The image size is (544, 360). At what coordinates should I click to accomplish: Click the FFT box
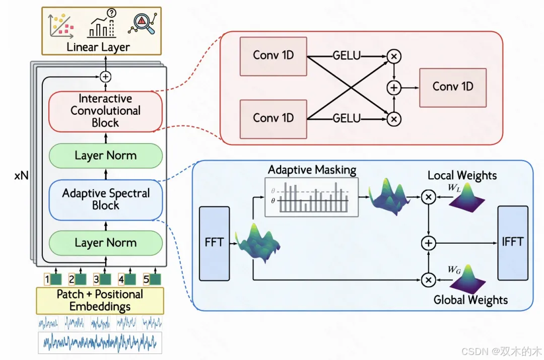(215, 244)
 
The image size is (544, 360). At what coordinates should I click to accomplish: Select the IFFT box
(513, 243)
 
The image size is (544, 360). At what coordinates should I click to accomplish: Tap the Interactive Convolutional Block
(105, 111)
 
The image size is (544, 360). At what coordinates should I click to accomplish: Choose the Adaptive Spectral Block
(105, 200)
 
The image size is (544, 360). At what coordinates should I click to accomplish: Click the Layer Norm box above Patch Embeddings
(105, 243)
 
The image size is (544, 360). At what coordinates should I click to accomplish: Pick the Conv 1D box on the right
(453, 88)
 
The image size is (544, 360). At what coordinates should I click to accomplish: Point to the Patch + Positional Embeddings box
(100, 301)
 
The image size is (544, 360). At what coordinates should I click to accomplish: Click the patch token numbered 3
(102, 279)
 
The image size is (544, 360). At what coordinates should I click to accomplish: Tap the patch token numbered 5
(152, 279)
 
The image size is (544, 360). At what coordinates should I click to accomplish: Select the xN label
(21, 176)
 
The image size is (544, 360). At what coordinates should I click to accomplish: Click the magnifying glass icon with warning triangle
(143, 23)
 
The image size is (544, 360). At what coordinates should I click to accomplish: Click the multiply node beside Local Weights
(429, 197)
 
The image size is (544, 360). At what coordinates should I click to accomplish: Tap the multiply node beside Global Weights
(429, 280)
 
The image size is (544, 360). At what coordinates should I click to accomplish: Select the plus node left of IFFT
(429, 243)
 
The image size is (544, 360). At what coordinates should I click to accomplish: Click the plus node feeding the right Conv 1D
(394, 88)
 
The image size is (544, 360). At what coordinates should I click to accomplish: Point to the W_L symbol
(454, 188)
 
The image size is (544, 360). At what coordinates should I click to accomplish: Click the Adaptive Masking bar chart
(312, 197)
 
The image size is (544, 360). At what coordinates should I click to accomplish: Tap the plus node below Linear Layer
(105, 77)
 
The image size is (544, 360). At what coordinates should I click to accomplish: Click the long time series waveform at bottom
(100, 343)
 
